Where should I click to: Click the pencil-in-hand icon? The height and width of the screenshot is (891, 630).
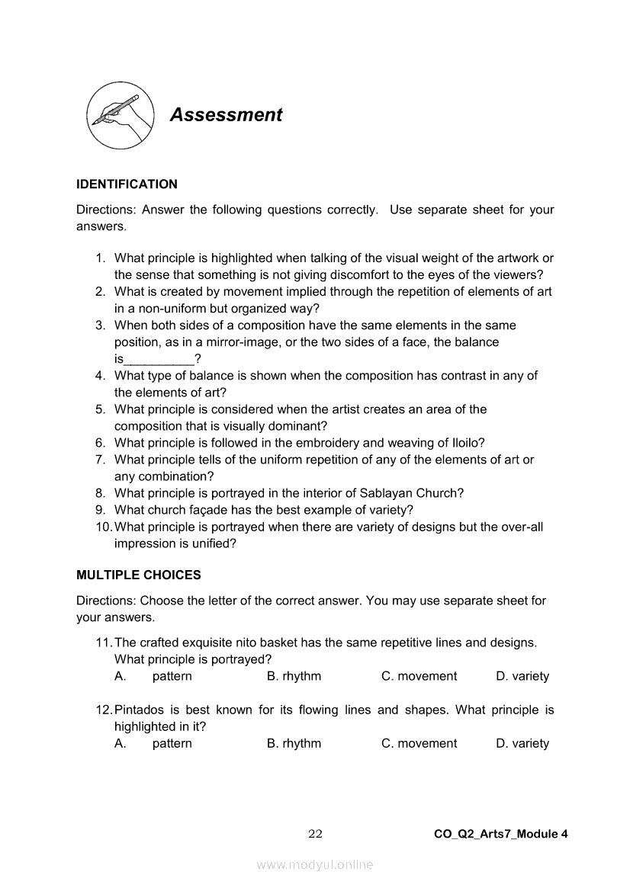[117, 116]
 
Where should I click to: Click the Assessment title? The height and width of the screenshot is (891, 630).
[226, 115]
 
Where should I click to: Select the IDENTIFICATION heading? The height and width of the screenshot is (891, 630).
[127, 184]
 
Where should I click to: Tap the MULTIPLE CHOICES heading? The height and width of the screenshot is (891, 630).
[139, 575]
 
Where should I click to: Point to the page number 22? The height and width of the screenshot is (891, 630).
[315, 834]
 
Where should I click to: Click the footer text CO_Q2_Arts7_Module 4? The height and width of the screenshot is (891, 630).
[500, 834]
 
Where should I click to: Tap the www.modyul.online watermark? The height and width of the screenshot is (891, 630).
[315, 864]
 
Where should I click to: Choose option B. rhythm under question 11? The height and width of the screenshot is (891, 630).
[294, 676]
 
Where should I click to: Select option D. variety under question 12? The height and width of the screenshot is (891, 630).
[522, 743]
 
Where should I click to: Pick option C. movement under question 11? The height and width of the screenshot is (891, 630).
[419, 676]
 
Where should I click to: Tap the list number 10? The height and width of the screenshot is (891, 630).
[104, 527]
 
